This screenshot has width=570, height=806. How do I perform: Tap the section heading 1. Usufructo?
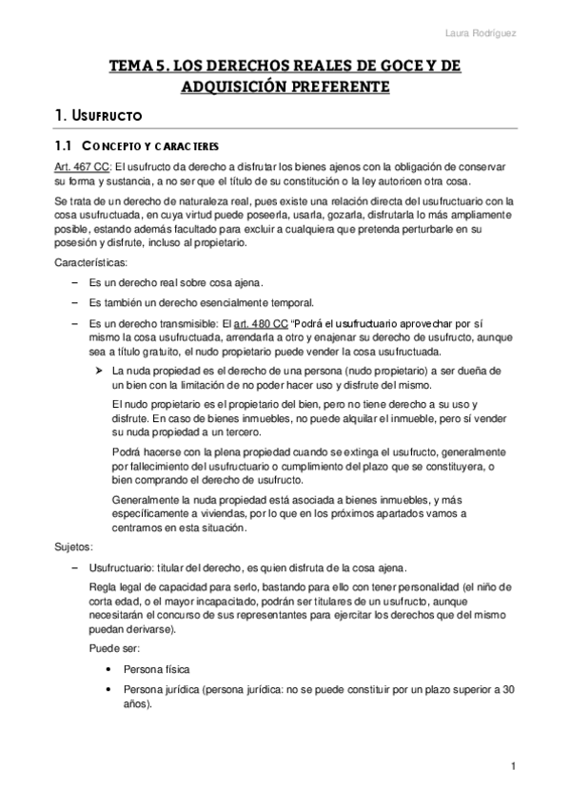99,117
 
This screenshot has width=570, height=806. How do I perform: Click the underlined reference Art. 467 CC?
82,166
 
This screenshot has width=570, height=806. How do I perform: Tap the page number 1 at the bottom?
512,766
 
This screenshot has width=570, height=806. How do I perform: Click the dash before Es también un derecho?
76,303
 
